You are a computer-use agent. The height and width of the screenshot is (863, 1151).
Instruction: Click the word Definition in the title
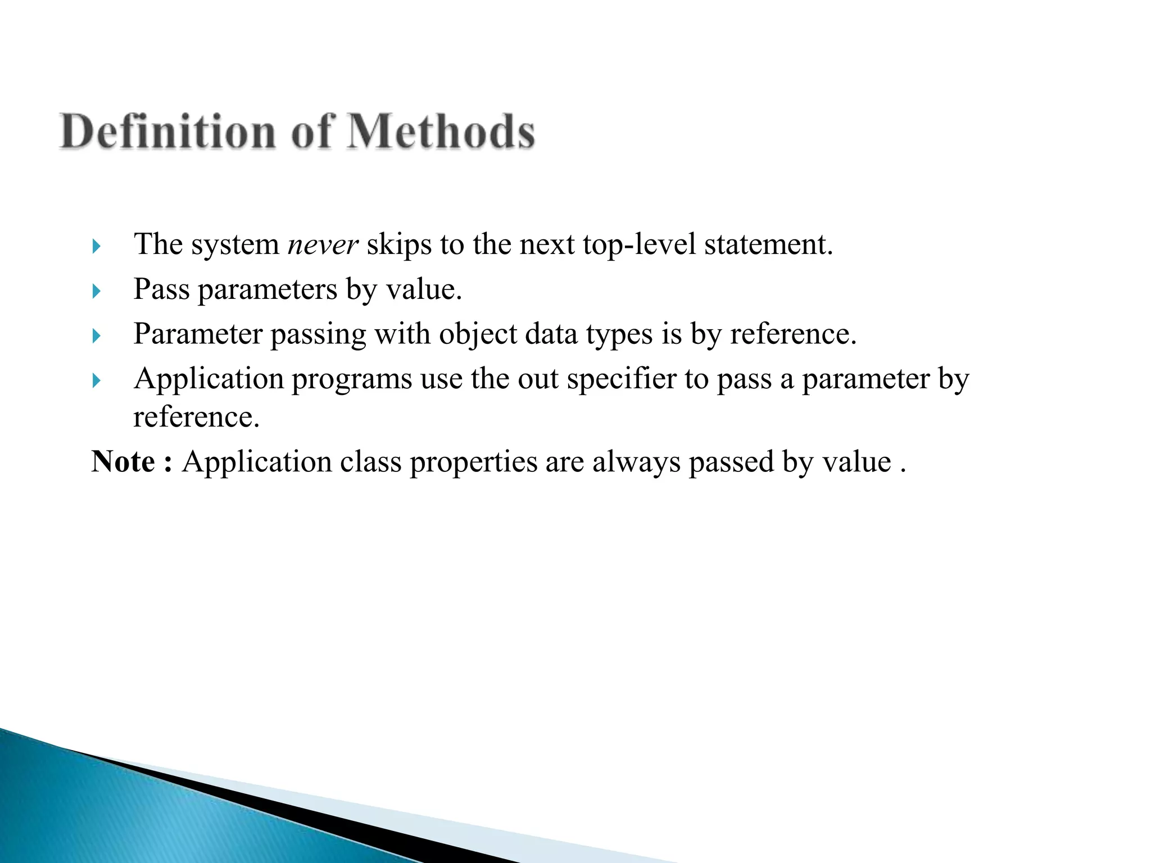click(168, 131)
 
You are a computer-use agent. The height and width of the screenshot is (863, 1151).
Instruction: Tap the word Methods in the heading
click(441, 131)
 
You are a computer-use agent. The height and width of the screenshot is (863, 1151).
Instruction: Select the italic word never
click(323, 244)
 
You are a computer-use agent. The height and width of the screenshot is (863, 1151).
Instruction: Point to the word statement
click(768, 244)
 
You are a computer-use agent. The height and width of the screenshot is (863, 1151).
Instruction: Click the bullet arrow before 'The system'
click(96, 246)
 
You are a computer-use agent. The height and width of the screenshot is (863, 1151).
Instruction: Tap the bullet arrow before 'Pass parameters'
click(96, 291)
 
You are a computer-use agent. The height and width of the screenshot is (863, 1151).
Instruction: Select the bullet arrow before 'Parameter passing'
click(96, 336)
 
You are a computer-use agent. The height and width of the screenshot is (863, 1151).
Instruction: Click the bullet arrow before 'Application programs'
click(96, 381)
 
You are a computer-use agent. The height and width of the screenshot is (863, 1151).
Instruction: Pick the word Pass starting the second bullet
click(161, 289)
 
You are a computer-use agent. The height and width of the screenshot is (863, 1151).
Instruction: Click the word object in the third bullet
click(478, 335)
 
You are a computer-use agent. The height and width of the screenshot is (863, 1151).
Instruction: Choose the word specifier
click(621, 379)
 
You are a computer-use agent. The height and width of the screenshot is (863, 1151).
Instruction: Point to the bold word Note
click(123, 462)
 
